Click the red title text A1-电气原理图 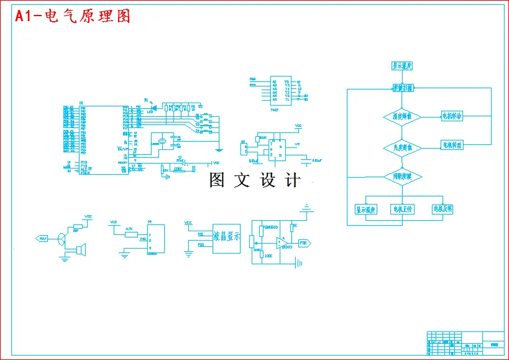click(x=73, y=17)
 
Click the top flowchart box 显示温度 click(x=402, y=65)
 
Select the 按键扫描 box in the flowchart click(x=402, y=89)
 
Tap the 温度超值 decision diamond click(x=402, y=117)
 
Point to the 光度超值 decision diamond click(x=402, y=147)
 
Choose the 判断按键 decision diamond click(x=402, y=177)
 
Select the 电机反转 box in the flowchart click(x=443, y=209)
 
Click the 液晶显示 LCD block click(x=227, y=237)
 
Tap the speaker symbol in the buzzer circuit click(x=80, y=250)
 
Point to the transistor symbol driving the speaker click(x=62, y=238)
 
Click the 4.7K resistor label click(x=129, y=229)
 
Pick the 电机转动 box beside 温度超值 click(x=456, y=116)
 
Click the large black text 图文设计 click(x=255, y=180)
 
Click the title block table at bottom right click(x=465, y=343)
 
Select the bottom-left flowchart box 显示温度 click(x=366, y=209)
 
